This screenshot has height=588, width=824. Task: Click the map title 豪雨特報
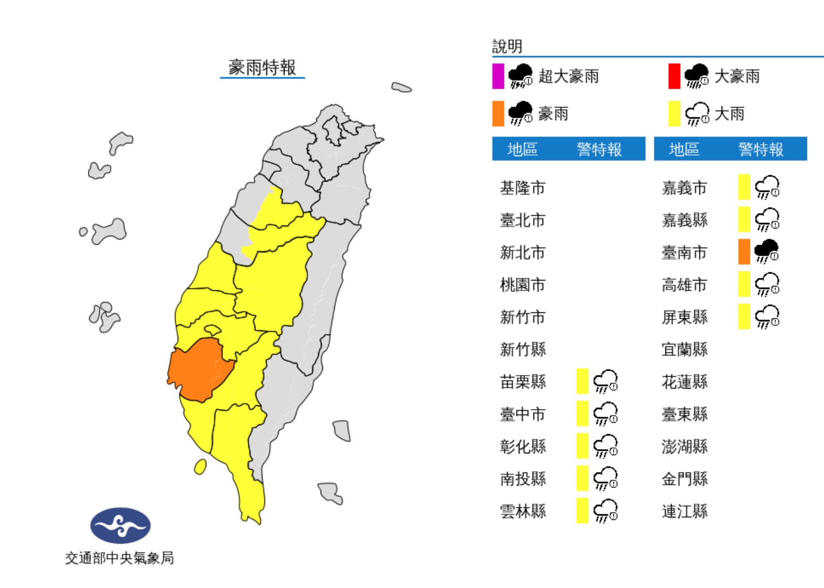point(262,68)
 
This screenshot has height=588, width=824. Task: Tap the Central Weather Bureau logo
point(120,525)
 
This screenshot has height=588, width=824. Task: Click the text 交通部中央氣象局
point(119,558)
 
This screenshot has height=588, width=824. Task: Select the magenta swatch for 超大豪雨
point(498,76)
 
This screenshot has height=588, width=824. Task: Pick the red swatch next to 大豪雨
point(674,76)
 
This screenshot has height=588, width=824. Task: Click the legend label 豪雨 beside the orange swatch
point(553,114)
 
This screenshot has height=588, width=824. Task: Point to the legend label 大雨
point(729,114)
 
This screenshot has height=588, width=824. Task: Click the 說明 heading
point(507,46)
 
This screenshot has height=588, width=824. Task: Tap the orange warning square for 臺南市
point(744,252)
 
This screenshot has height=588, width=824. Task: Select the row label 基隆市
point(522,188)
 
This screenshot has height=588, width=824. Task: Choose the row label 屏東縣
point(684,317)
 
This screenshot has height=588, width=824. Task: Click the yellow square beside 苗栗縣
point(582,382)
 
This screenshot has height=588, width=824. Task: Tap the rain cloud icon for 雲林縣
point(605,511)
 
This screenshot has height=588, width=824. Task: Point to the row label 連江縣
point(684,511)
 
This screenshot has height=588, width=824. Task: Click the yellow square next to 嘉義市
point(744,188)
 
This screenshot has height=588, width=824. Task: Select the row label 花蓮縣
point(684,382)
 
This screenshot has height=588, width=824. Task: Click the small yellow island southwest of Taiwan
point(200,466)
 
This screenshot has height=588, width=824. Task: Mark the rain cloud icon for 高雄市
point(766,284)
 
